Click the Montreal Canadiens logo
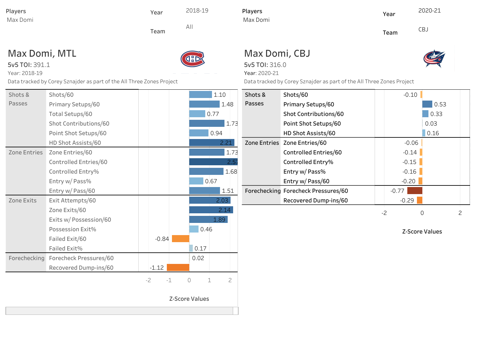point(192,59)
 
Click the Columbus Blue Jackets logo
point(434,59)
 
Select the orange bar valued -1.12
point(178,267)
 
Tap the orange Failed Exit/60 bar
point(181,239)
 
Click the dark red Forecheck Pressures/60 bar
point(415,191)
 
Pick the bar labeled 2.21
point(212,143)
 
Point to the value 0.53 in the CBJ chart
point(440,104)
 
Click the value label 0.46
point(206,229)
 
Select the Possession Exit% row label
point(72,229)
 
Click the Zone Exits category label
point(22,200)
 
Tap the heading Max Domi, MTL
point(42,53)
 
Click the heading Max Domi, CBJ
point(277,53)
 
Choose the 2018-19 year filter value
point(197,11)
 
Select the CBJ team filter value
point(423,29)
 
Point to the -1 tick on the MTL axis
point(169,280)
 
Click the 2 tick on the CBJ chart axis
point(460,213)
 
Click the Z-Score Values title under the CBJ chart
point(422,232)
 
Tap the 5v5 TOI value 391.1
point(42,65)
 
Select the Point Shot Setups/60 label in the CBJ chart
point(312,124)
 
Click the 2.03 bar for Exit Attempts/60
point(210,200)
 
